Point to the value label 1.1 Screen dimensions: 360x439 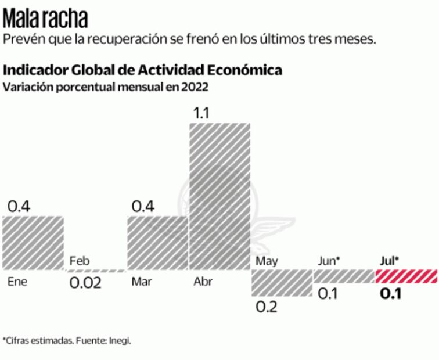point(201,113)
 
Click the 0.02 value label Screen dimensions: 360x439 point(85,283)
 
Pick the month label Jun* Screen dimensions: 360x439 point(329,261)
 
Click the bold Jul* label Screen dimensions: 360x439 point(390,261)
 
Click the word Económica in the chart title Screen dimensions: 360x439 point(246,70)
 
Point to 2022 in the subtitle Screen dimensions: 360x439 point(196,87)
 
